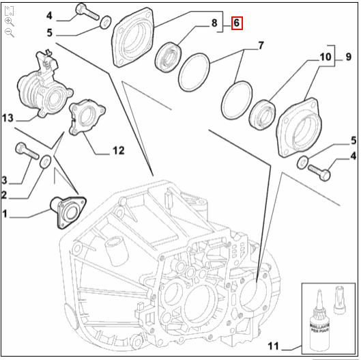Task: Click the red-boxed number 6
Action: coord(237,23)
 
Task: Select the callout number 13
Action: coord(8,118)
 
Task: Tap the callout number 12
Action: coord(118,150)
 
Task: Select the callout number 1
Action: coord(5,214)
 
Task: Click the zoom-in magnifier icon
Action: coord(9,21)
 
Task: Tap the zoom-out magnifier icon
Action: coord(9,32)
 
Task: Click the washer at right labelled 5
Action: coord(302,162)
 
